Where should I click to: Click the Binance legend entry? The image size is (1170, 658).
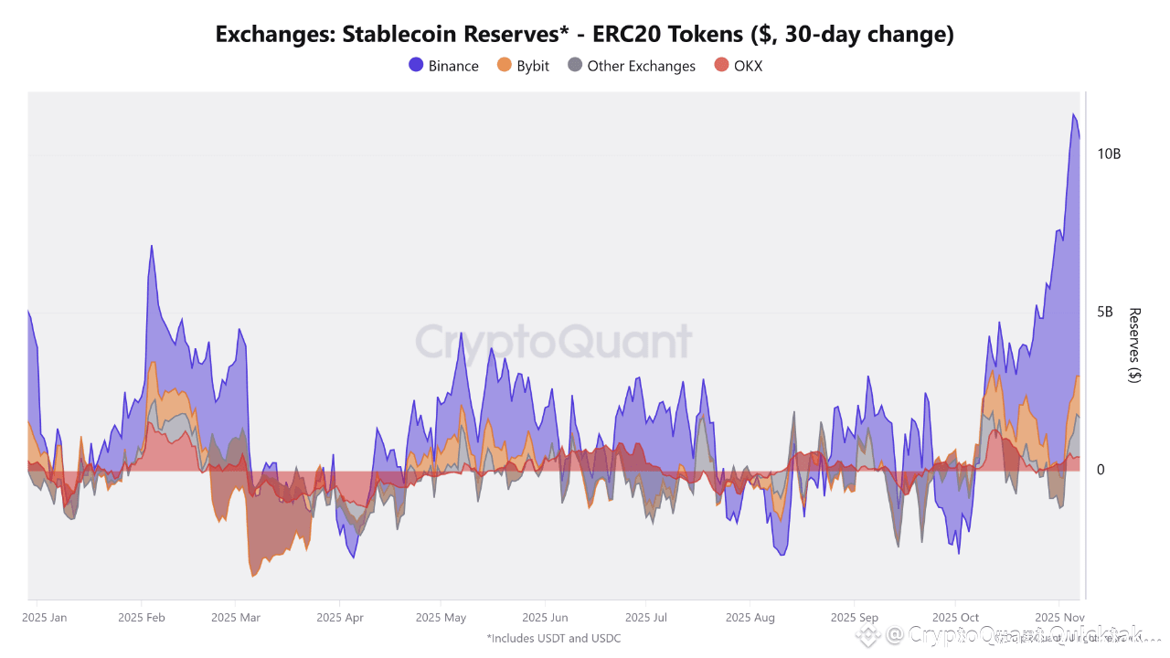[443, 66]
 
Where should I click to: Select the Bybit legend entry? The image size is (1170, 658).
[523, 66]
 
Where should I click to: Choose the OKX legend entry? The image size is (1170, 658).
[738, 66]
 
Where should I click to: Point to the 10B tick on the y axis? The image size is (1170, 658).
[1109, 154]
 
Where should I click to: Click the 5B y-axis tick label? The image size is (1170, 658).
[1104, 312]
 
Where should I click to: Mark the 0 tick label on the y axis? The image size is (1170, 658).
[1101, 470]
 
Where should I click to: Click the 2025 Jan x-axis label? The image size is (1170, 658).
[44, 618]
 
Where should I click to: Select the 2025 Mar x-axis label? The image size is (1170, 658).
[235, 618]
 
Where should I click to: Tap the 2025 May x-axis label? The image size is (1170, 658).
[441, 618]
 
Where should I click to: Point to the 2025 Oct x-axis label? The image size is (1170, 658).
[955, 618]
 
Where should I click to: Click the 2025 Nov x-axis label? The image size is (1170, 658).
[1058, 618]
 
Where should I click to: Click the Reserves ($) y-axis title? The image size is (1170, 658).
[1134, 345]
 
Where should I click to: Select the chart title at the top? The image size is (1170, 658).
[585, 35]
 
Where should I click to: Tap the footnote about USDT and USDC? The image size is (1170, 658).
[554, 638]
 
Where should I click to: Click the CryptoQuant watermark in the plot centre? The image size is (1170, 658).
[554, 342]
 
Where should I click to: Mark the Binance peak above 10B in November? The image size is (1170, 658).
[1073, 114]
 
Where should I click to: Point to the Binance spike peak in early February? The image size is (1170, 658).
[151, 246]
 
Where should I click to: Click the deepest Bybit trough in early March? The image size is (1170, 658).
[253, 576]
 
